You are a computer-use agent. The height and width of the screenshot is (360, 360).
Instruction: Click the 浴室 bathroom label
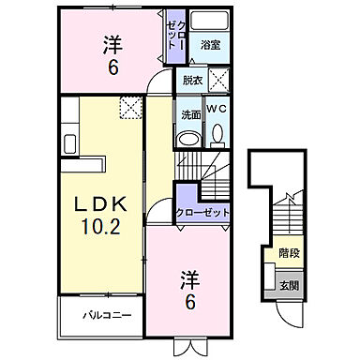(x=211, y=44)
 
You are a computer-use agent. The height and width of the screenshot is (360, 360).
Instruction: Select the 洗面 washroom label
(x=189, y=114)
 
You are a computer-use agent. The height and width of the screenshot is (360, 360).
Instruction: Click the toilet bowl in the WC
(x=218, y=134)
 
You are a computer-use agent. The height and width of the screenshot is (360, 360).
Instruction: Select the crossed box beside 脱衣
(x=220, y=80)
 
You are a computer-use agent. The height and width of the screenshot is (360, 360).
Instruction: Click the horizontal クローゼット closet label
(x=203, y=213)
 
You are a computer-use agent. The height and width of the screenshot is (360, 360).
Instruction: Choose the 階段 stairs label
(x=289, y=252)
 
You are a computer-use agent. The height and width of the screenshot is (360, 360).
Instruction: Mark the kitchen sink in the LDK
(x=69, y=144)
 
